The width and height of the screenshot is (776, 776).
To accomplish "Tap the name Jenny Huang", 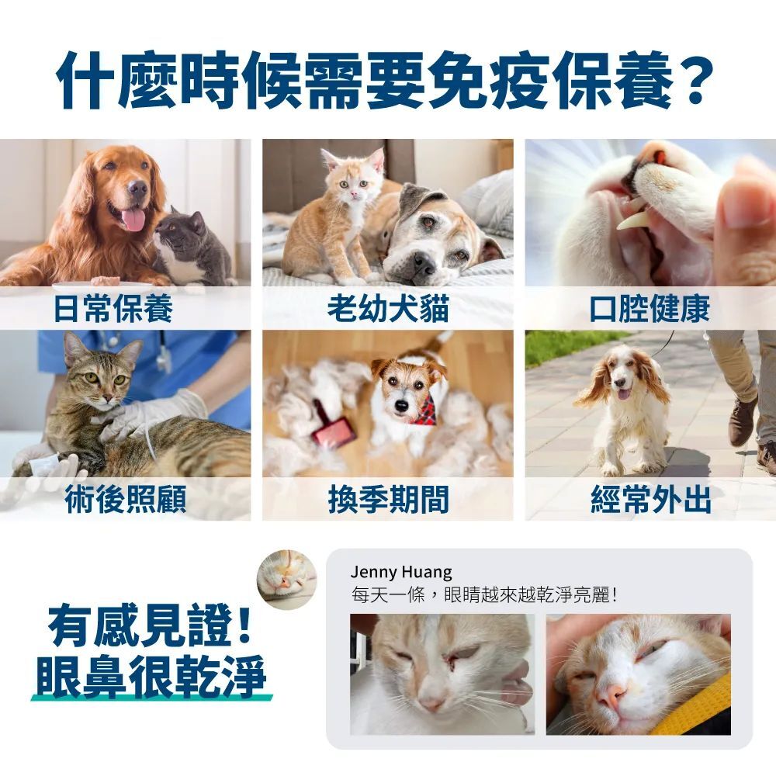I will coord(400,573).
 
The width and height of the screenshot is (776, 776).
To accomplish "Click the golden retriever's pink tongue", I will coord(133,218).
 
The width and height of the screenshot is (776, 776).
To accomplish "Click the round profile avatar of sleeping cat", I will coord(287,579).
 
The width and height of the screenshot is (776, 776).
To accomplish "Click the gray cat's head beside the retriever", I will coord(181,228).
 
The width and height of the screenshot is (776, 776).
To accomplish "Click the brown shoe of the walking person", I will coord(742,421).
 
